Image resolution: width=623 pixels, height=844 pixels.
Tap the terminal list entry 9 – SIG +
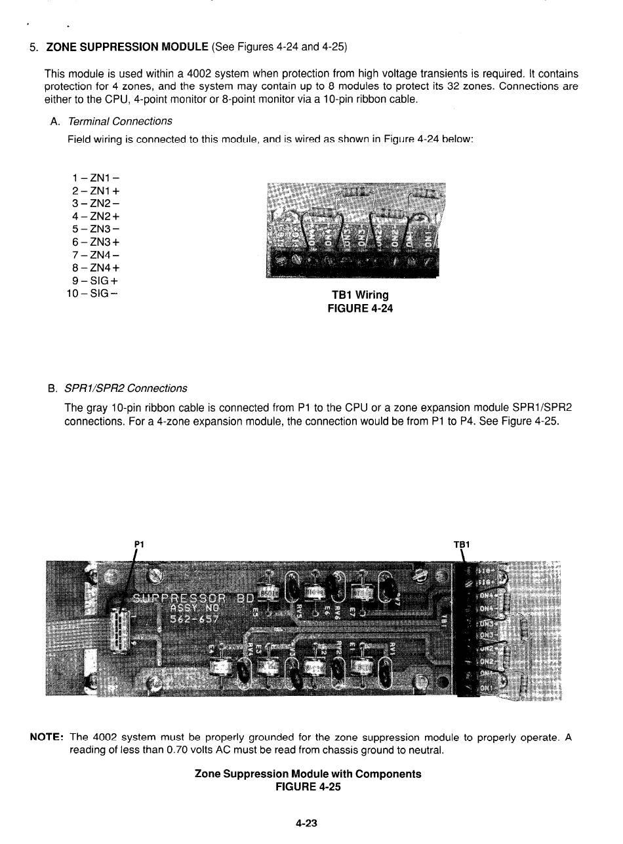96,280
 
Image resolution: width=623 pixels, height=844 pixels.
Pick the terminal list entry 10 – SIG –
92,292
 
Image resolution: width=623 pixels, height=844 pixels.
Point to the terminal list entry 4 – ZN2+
96,216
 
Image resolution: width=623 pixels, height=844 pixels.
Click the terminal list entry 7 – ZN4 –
96,254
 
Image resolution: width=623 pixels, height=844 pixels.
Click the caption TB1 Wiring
360,295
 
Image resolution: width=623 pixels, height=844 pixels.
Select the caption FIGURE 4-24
360,308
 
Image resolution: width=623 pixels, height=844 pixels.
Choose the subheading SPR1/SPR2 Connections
125,389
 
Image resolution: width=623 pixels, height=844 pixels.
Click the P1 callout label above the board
138,544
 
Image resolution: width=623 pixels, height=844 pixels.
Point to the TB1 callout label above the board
463,544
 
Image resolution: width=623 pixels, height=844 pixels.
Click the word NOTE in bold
47,737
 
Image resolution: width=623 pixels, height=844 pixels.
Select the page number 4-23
308,823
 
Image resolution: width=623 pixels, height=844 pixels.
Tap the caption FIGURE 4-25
308,787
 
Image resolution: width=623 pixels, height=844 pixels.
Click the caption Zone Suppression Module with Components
308,774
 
